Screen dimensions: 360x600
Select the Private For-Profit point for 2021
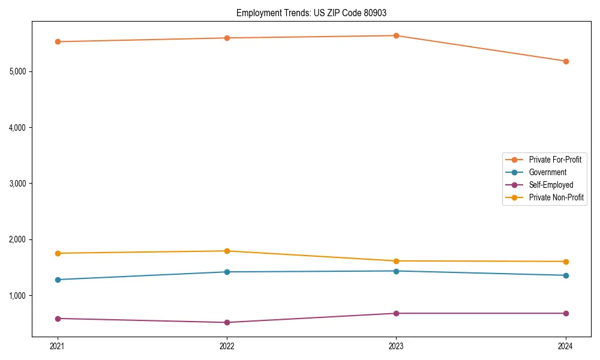pos(58,41)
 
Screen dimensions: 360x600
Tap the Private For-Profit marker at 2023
pos(396,35)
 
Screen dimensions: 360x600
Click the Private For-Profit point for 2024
pos(566,61)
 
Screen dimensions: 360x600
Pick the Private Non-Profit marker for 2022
pos(227,251)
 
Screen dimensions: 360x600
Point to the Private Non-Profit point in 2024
pos(566,262)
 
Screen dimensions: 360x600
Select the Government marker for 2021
pos(58,280)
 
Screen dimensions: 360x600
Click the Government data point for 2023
pos(396,271)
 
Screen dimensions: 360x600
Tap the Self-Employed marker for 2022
pos(227,322)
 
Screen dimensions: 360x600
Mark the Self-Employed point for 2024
pos(566,313)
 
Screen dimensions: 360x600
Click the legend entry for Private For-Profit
pos(555,160)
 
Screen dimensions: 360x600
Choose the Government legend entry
pos(547,172)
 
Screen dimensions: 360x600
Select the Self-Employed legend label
pos(551,185)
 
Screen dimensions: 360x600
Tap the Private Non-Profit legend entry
pos(556,197)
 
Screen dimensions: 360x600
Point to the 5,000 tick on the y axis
pos(17,71)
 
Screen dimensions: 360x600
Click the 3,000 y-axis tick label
pos(17,184)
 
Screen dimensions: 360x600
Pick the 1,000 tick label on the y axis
pos(17,296)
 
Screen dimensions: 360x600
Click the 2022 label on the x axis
pos(227,346)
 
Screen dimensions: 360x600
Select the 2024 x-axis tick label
pos(566,346)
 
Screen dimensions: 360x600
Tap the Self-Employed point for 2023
pos(396,313)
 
